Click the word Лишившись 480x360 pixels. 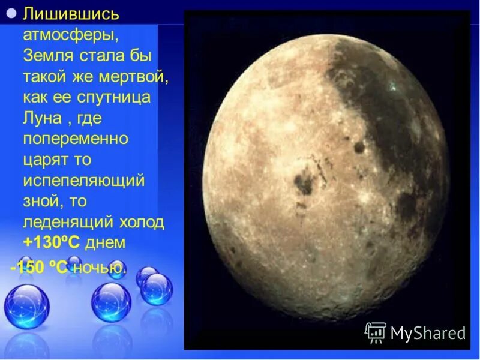pyautogui.click(x=71, y=13)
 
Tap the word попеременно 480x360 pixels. pyautogui.click(x=76, y=139)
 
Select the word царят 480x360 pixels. pyautogui.click(x=46, y=160)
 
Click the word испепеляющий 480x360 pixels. pyautogui.click(x=83, y=181)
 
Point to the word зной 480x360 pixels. pyautogui.click(x=41, y=202)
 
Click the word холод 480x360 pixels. pyautogui.click(x=142, y=223)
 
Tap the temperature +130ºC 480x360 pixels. pyautogui.click(x=52, y=243)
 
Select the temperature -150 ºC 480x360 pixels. pyautogui.click(x=38, y=268)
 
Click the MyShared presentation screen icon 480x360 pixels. pyautogui.click(x=376, y=332)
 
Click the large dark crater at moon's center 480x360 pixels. pyautogui.click(x=303, y=183)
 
